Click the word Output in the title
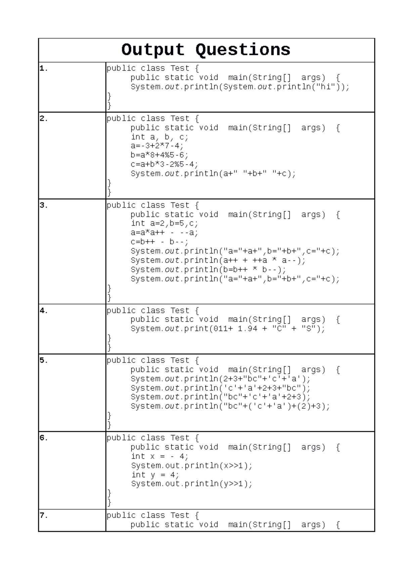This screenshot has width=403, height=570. (153, 50)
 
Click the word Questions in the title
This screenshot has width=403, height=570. (243, 50)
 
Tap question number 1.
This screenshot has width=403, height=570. (44, 68)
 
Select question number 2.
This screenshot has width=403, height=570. (44, 118)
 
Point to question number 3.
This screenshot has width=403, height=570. (44, 205)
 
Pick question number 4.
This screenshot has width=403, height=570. (44, 311)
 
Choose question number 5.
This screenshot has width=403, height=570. (44, 360)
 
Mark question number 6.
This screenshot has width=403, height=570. (44, 438)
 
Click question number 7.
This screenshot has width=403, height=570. (44, 515)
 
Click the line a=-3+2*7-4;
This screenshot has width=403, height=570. (157, 146)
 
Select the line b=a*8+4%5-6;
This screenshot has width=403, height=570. (160, 155)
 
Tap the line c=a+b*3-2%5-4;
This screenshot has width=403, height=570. (165, 164)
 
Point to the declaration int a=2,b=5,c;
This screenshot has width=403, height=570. (165, 224)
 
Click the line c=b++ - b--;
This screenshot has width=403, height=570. (160, 242)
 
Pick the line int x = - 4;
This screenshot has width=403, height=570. (160, 457)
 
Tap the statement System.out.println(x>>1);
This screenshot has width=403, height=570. (191, 466)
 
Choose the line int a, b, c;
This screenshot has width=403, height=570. (160, 137)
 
